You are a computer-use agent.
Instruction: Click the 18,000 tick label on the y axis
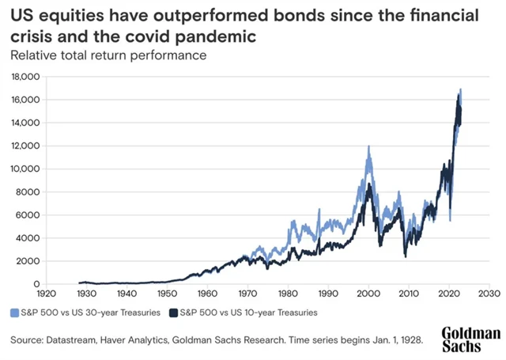point(27,77)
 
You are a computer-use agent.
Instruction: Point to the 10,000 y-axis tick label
point(27,169)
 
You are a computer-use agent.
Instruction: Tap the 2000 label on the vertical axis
point(29,261)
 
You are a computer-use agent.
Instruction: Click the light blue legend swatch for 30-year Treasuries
point(15,313)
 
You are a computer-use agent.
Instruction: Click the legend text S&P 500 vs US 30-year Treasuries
point(91,313)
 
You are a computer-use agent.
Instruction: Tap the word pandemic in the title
point(226,36)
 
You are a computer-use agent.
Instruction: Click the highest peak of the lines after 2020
point(460,89)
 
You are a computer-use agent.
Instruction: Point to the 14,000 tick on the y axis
point(27,123)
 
